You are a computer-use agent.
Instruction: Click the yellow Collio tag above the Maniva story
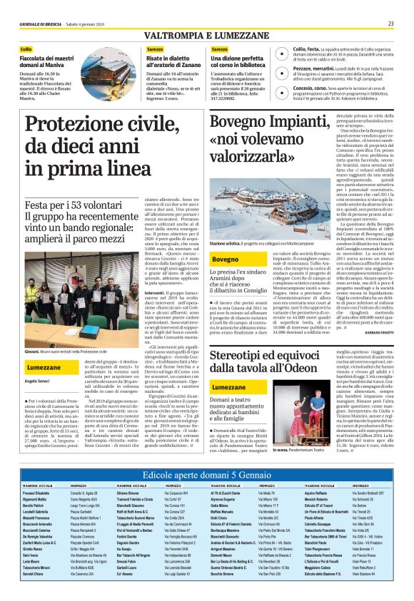[26, 48]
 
